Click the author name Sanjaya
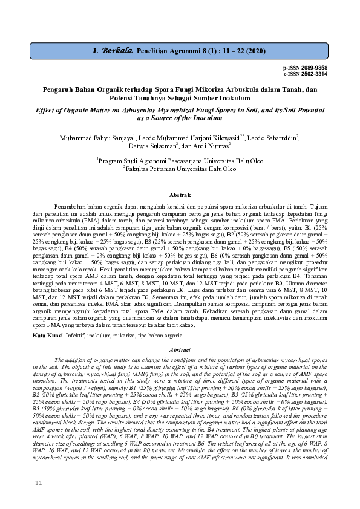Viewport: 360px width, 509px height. pyautogui.click(x=117, y=138)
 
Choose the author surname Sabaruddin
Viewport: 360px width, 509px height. pyautogui.click(x=280, y=138)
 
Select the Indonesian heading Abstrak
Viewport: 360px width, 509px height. pyautogui.click(x=180, y=195)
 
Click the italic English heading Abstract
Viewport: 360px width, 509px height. pyautogui.click(x=180, y=349)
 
